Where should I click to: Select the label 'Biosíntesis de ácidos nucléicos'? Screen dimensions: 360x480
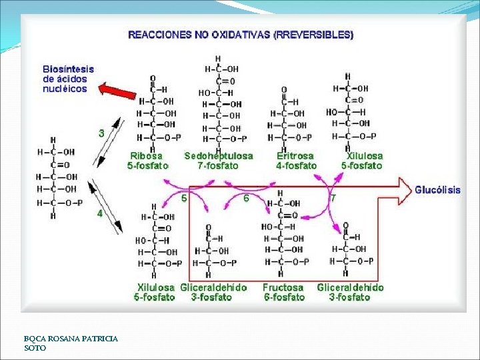click(69, 79)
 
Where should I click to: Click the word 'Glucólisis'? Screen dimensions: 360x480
click(437, 190)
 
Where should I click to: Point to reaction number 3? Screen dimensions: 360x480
click(101, 133)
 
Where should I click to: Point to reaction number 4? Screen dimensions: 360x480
click(100, 214)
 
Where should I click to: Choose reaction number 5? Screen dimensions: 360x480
click(184, 197)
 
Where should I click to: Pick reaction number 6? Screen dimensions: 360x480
click(246, 197)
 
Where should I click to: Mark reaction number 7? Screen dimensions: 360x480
click(333, 197)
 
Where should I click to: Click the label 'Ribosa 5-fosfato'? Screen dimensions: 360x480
click(147, 161)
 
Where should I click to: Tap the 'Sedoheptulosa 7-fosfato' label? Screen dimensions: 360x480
click(219, 161)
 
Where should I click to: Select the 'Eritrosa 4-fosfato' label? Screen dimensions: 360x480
click(296, 161)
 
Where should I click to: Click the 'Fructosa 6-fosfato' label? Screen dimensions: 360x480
click(283, 293)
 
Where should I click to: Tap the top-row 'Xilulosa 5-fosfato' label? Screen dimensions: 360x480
click(362, 161)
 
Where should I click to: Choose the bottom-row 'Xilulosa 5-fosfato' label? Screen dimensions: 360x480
click(155, 293)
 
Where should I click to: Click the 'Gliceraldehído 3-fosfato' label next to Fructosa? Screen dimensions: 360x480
click(350, 293)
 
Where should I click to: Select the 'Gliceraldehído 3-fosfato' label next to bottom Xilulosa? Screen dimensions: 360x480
click(213, 293)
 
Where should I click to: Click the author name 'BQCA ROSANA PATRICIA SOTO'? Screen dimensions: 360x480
click(71, 343)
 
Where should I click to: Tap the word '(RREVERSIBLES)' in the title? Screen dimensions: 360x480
click(313, 35)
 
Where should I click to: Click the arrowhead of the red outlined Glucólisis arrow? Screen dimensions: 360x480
click(403, 189)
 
